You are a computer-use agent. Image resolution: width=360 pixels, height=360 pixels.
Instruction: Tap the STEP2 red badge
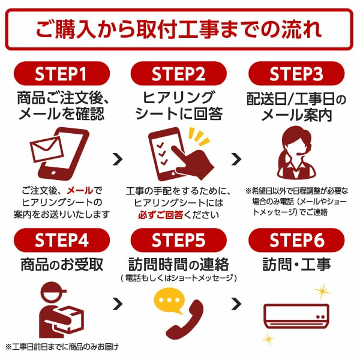[x=179, y=75]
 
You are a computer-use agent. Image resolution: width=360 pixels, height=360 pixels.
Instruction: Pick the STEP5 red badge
[x=179, y=241]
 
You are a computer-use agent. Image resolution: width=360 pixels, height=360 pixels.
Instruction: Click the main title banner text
[x=179, y=28]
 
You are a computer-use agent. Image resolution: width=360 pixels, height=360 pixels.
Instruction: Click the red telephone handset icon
[x=186, y=318]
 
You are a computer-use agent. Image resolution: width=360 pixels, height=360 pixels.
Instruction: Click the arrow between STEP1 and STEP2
[x=118, y=159]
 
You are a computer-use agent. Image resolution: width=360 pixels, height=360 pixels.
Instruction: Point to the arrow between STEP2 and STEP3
[x=237, y=159]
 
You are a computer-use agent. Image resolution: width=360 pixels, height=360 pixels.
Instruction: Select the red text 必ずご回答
[x=160, y=214]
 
